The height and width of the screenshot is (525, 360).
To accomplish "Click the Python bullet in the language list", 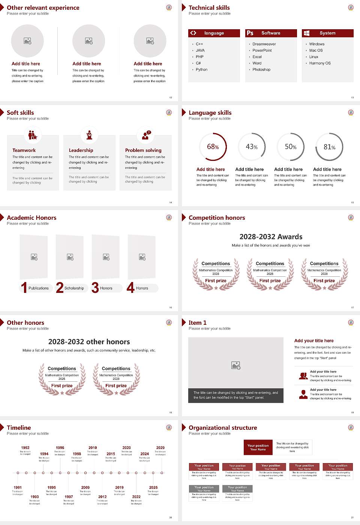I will [201, 69].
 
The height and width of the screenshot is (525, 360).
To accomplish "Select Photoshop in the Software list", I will [261, 69].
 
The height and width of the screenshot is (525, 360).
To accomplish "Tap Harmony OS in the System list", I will [320, 63].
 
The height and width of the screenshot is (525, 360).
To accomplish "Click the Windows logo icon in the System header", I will [307, 33].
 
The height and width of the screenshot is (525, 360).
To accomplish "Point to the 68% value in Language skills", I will [213, 147].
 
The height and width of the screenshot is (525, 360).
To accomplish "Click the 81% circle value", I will [329, 147].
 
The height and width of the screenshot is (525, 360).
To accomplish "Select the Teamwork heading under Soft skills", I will [24, 150].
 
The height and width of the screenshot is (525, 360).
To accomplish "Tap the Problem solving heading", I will [143, 150].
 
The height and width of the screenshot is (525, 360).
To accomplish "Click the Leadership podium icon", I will [89, 135].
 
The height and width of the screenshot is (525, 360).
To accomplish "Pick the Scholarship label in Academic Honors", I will [74, 288].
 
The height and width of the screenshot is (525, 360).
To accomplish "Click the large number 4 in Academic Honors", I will [130, 288].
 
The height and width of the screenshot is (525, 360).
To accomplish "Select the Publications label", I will [39, 288].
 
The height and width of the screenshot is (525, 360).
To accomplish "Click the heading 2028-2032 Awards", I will [271, 237].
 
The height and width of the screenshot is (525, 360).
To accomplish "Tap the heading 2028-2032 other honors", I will [89, 342].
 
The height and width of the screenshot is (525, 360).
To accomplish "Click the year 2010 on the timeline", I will [93, 447].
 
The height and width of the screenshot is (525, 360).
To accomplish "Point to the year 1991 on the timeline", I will [18, 487].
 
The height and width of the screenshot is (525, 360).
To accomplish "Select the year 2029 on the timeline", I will [160, 447].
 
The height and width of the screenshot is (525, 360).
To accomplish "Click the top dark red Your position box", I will [258, 447].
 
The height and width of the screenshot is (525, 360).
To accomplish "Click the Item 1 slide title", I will [198, 322].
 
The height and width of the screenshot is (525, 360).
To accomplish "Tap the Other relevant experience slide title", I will [43, 7].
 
